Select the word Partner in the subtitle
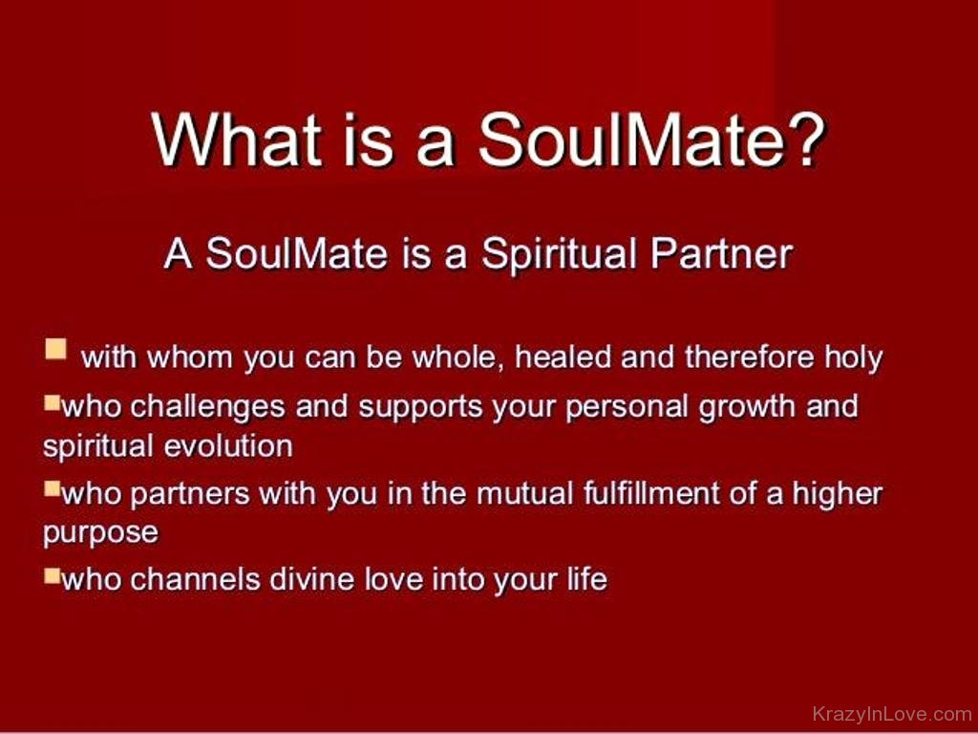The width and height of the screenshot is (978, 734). (x=721, y=254)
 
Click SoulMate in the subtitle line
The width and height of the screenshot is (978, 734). (x=296, y=254)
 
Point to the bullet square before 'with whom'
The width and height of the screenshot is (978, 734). (x=55, y=349)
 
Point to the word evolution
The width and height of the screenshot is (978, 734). (x=227, y=446)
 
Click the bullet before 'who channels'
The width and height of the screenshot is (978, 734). (x=52, y=574)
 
